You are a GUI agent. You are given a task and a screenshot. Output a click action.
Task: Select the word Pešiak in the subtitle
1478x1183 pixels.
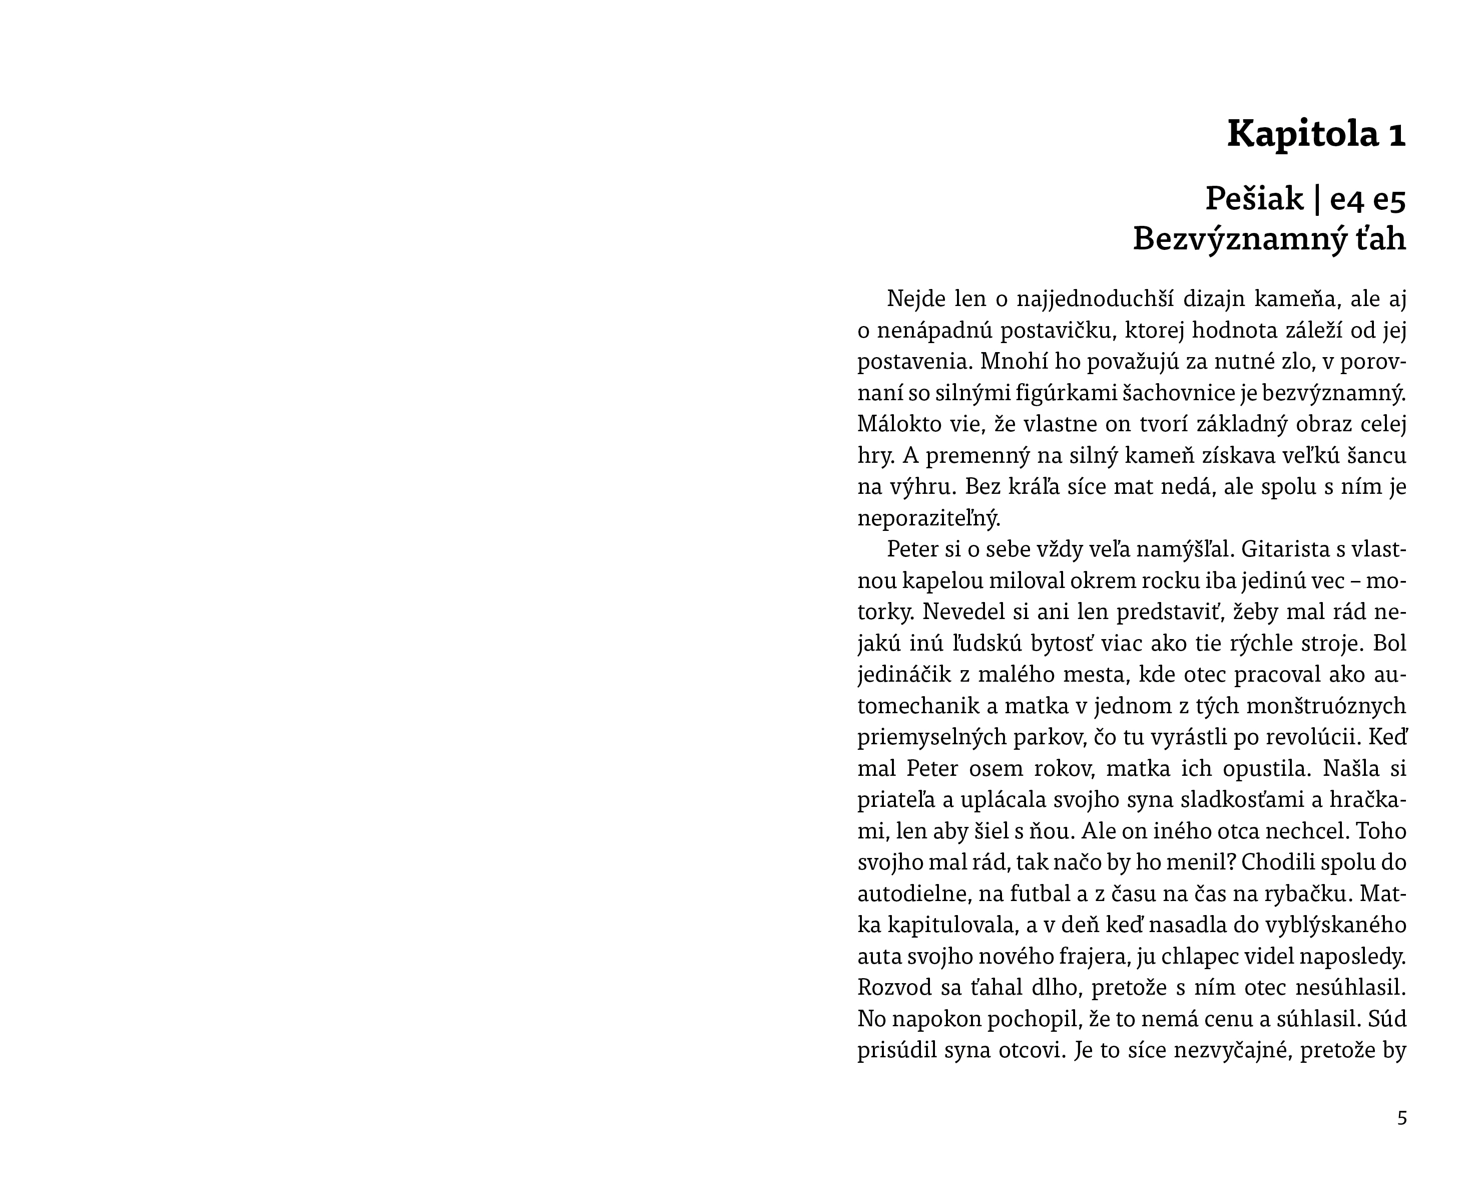coord(1254,199)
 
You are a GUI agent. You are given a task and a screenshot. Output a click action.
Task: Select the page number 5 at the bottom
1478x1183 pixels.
coord(1402,1118)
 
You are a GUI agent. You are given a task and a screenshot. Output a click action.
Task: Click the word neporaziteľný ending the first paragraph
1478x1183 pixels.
coord(929,518)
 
